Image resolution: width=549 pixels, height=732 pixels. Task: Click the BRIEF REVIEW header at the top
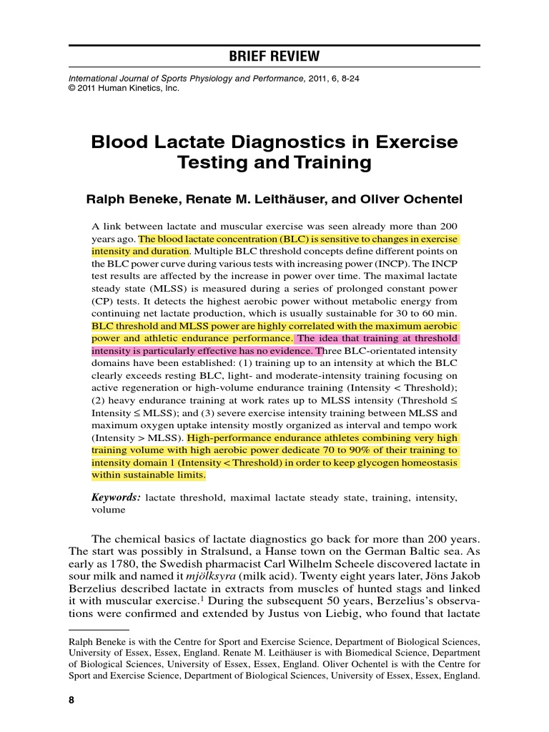point(274,56)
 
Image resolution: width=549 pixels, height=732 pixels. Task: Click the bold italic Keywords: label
point(116,498)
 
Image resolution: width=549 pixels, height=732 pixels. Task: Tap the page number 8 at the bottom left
point(71,700)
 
